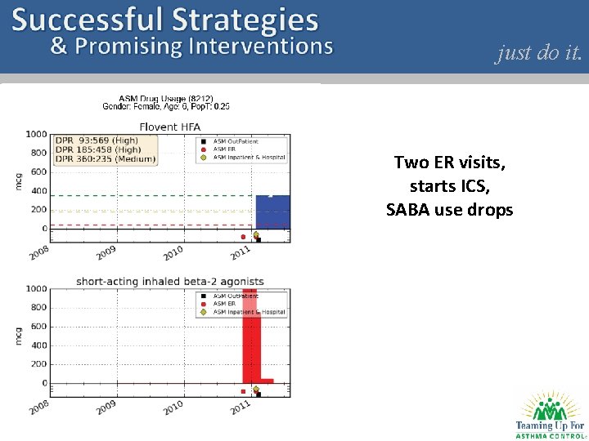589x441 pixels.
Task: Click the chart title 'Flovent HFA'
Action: click(170, 127)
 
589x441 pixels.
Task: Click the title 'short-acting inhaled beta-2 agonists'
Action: click(169, 282)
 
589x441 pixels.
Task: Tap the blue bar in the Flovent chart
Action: click(272, 212)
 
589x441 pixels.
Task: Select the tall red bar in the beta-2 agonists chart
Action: click(250, 335)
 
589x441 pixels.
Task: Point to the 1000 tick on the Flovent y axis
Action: click(35, 134)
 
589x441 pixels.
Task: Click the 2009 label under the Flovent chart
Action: click(106, 252)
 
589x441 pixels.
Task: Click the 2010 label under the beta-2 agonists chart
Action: click(173, 406)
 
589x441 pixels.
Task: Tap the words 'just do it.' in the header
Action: click(538, 53)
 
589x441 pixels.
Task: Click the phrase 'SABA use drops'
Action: click(449, 210)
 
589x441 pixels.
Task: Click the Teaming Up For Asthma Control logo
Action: click(549, 415)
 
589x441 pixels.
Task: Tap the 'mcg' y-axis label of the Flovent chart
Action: click(19, 181)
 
